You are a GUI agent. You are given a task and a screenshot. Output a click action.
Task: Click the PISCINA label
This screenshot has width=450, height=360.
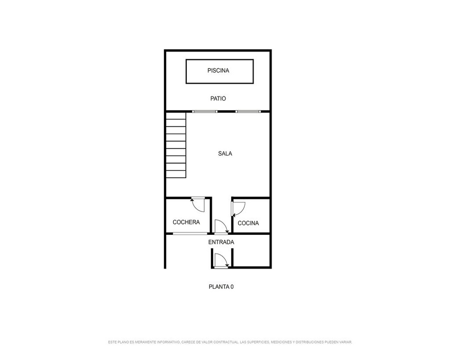click(x=218, y=71)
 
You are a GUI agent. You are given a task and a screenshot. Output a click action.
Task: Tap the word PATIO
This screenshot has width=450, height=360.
click(x=218, y=99)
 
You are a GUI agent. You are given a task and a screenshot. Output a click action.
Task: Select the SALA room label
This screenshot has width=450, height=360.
click(x=225, y=154)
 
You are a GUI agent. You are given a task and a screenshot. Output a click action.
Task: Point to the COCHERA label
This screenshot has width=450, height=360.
click(x=186, y=222)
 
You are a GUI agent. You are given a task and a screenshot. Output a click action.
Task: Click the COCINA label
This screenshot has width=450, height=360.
click(x=248, y=223)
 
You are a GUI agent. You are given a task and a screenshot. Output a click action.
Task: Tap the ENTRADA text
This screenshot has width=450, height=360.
click(x=221, y=242)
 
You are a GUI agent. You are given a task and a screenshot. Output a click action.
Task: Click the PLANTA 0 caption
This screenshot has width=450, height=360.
click(x=221, y=287)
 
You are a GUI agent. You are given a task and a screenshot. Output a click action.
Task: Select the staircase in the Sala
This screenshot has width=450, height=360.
click(x=176, y=145)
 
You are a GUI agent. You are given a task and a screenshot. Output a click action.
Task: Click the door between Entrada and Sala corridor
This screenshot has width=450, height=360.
click(x=221, y=227)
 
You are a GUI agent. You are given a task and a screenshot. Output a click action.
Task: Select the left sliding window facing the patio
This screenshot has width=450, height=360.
click(x=205, y=112)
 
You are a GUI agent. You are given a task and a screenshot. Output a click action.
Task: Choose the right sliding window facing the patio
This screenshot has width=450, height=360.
click(x=248, y=112)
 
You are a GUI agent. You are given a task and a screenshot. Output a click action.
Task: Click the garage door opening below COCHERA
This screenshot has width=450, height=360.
click(x=190, y=234)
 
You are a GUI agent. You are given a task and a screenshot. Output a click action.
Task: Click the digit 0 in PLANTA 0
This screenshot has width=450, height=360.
click(x=232, y=287)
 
